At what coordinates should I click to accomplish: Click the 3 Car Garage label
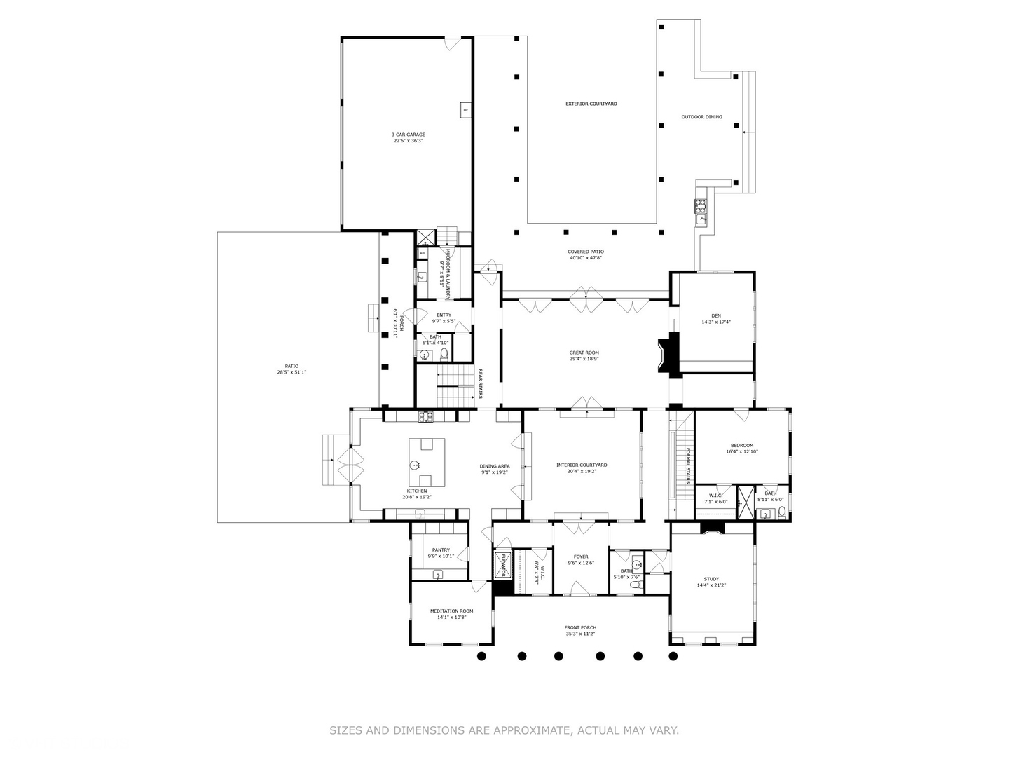(408, 135)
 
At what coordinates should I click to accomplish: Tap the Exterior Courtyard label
(591, 104)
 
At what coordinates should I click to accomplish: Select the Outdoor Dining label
(701, 117)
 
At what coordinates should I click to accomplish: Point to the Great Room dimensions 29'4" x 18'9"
(584, 359)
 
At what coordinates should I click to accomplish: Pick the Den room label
(715, 315)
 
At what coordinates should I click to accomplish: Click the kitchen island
(427, 462)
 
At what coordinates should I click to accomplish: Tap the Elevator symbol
(502, 564)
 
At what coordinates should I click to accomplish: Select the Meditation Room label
(451, 611)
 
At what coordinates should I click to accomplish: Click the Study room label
(711, 579)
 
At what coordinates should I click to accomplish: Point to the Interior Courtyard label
(582, 465)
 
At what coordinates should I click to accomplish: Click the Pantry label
(441, 550)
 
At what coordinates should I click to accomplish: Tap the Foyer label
(581, 557)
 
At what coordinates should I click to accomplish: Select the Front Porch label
(580, 627)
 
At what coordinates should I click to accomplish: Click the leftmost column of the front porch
(481, 656)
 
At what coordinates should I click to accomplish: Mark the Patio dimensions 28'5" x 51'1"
(291, 372)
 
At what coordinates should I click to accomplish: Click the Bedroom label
(742, 446)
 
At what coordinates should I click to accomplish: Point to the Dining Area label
(495, 466)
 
